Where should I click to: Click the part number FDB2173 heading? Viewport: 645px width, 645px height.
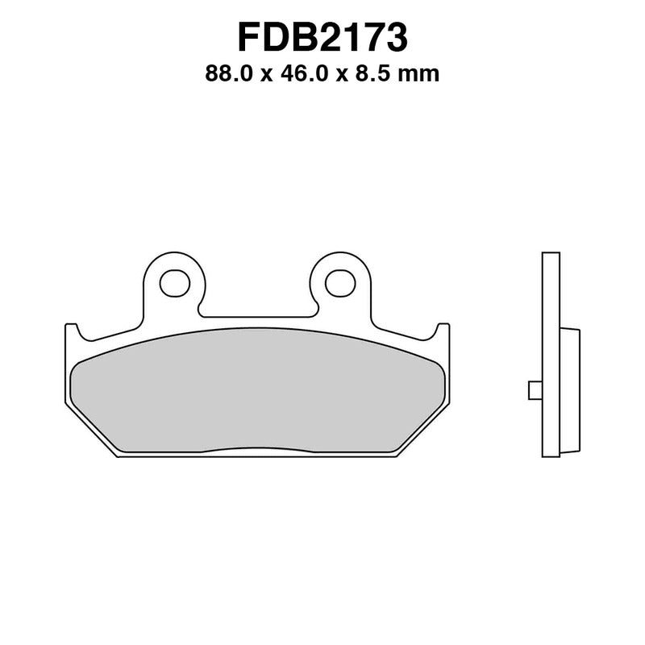(x=322, y=37)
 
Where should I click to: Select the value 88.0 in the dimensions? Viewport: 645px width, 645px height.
(x=229, y=75)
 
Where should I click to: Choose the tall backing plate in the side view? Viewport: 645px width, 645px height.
(x=551, y=355)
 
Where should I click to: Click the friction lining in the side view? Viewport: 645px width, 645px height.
(x=569, y=390)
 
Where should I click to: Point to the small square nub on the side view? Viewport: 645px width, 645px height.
(x=535, y=389)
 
